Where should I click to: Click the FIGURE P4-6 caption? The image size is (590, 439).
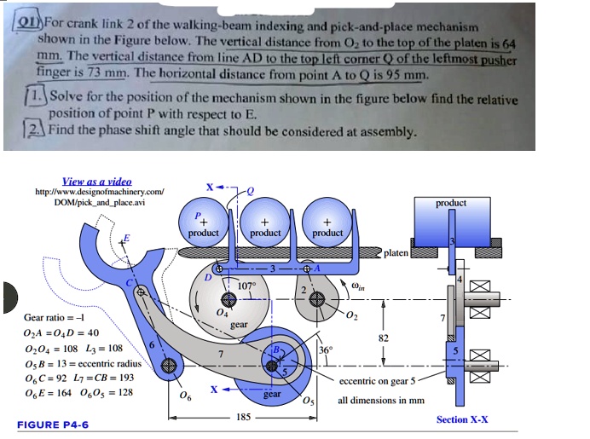(x=52, y=424)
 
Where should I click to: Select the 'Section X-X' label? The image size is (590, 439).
(x=463, y=419)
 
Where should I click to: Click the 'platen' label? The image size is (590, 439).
(x=396, y=253)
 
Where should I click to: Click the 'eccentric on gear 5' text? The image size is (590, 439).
(x=379, y=381)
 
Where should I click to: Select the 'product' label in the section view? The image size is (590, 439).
(x=450, y=203)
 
